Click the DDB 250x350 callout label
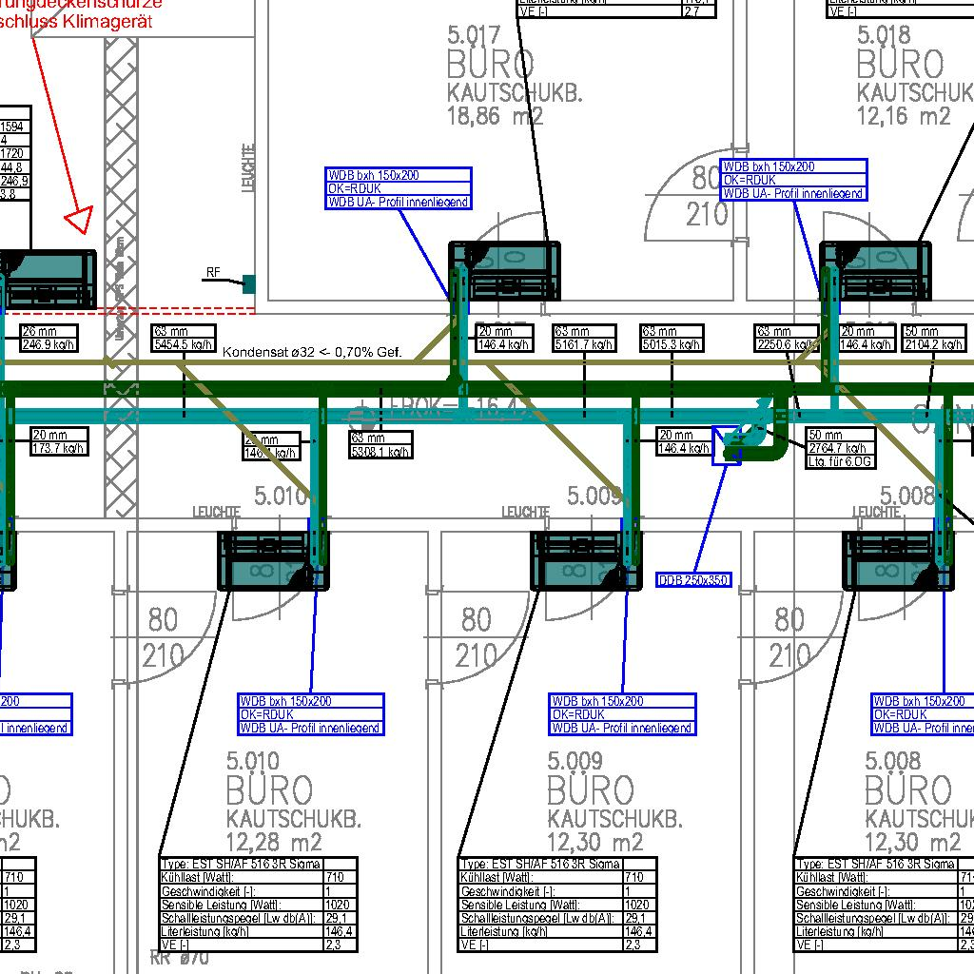coord(694,580)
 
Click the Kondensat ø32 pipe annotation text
coord(313,352)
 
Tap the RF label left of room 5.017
coord(213,274)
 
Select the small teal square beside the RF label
coord(249,282)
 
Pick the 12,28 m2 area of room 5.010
coord(274,842)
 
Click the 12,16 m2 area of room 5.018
coord(904,117)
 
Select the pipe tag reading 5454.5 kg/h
coord(183,338)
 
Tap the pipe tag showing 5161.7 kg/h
coord(584,338)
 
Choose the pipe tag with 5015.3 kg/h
coord(672,338)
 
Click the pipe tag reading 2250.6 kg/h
coord(787,338)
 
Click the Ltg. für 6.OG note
coord(840,461)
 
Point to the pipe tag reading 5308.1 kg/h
coord(380,445)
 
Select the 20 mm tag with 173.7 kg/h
coord(59,441)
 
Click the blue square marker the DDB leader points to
coord(726,446)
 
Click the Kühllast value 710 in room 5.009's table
coord(634,877)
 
